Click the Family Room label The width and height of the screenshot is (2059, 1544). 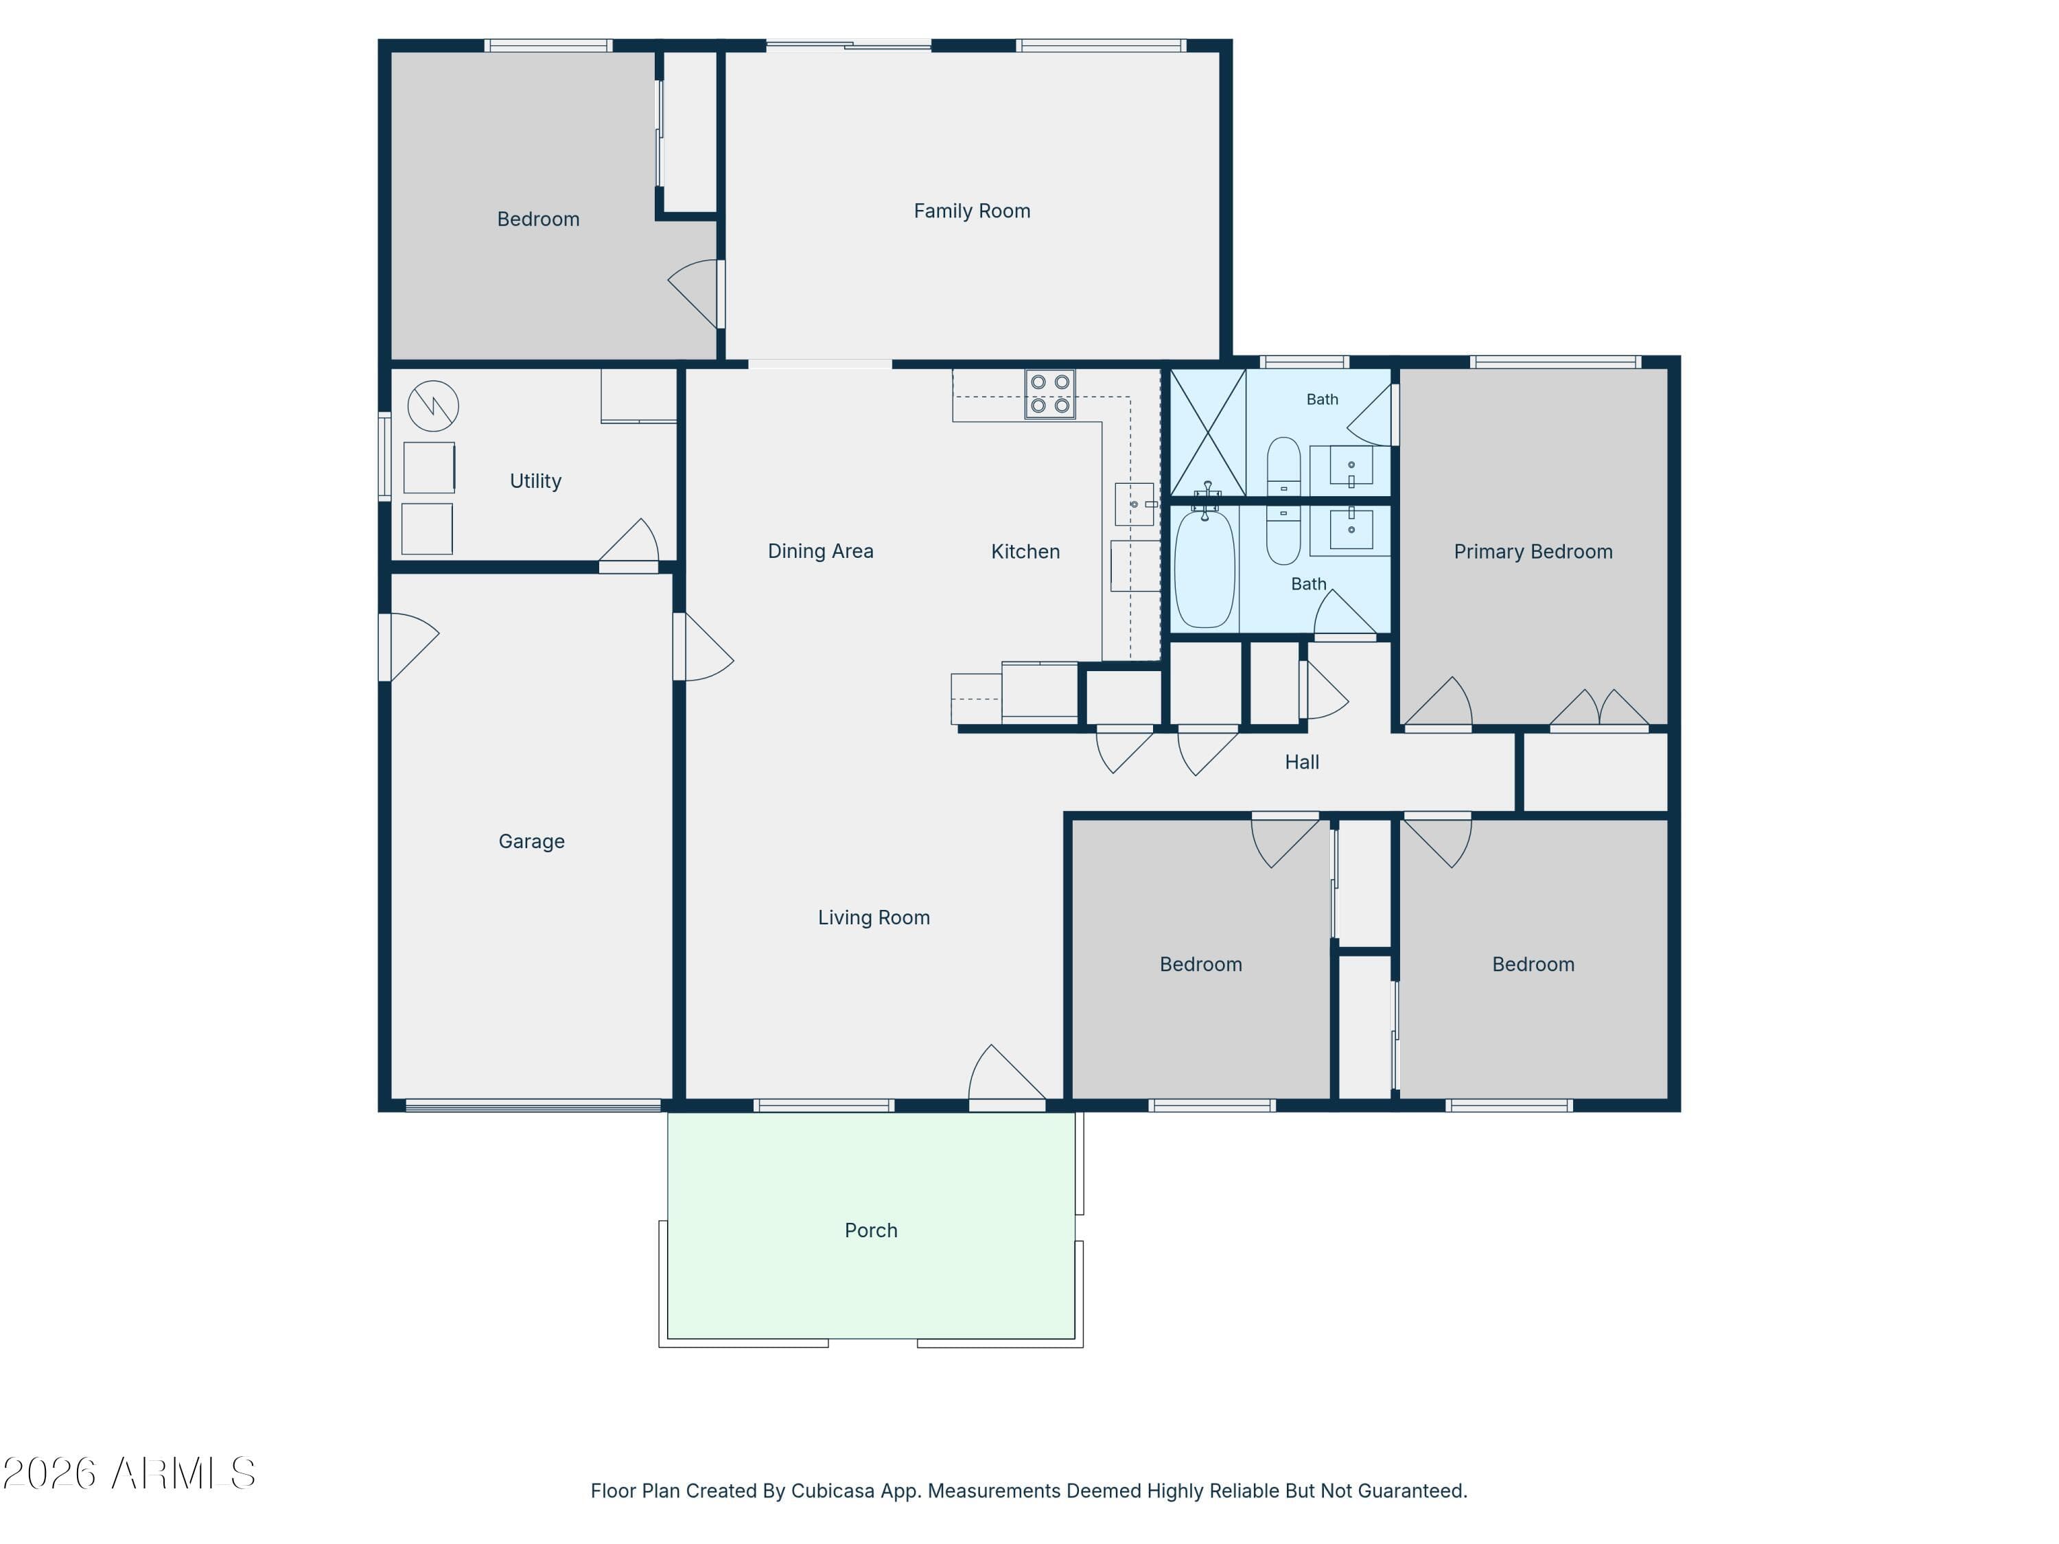point(972,211)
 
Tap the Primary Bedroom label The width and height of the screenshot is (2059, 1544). point(1533,552)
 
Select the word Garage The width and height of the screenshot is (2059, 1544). point(531,841)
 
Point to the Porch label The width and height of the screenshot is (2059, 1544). point(871,1230)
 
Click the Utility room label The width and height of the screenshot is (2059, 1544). point(535,481)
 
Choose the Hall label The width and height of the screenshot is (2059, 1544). point(1302,762)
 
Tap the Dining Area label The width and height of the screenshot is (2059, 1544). point(821,551)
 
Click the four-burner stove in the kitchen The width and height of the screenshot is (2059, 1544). point(1050,394)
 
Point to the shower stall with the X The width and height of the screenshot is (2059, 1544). point(1208,433)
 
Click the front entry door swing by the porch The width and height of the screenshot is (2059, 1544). point(1007,1076)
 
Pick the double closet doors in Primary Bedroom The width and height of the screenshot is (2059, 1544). point(1599,708)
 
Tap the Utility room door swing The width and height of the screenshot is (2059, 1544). point(629,543)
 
